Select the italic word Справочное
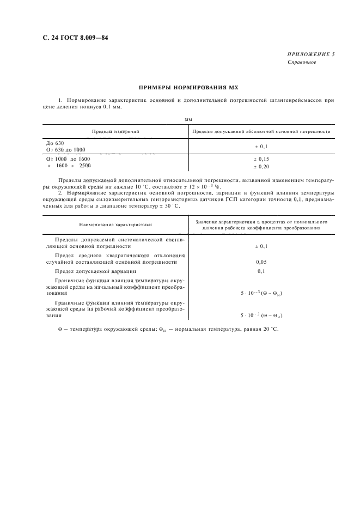click(301, 62)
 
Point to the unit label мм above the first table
click(188, 118)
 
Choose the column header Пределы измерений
click(115, 132)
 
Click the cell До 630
click(56, 143)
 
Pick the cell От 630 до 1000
click(66, 149)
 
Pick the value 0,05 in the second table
click(261, 262)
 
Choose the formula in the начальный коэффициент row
click(261, 293)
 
